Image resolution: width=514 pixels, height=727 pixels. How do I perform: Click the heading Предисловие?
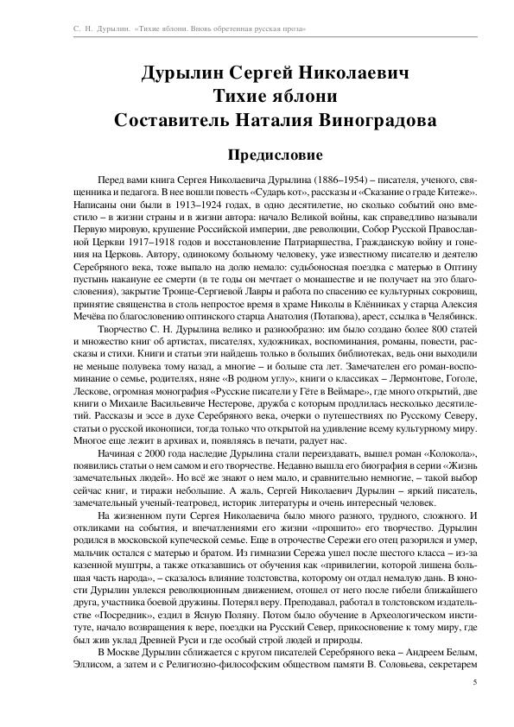257,155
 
